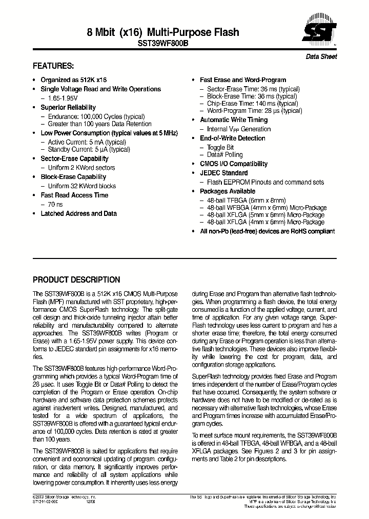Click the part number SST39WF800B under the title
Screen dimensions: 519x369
pyautogui.click(x=163, y=44)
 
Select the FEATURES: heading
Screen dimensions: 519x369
pyautogui.click(x=53, y=66)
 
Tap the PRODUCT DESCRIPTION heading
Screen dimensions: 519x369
pyautogui.click(x=76, y=280)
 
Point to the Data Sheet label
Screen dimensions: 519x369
pyautogui.click(x=321, y=56)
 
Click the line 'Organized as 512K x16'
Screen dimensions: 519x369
pyautogui.click(x=74, y=80)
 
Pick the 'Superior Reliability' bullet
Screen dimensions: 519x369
pyautogui.click(x=68, y=107)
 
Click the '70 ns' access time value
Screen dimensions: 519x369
pyautogui.click(x=56, y=204)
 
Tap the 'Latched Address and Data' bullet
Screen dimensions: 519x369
pyautogui.click(x=78, y=213)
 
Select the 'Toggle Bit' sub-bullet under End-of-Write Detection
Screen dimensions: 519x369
pyautogui.click(x=220, y=147)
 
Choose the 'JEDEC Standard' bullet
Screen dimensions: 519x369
pyautogui.click(x=223, y=173)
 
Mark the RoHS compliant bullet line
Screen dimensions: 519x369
pyautogui.click(x=267, y=231)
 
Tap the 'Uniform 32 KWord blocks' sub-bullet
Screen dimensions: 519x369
pyautogui.click(x=82, y=186)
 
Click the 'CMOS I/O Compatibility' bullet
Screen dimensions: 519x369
pyautogui.click(x=233, y=164)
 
